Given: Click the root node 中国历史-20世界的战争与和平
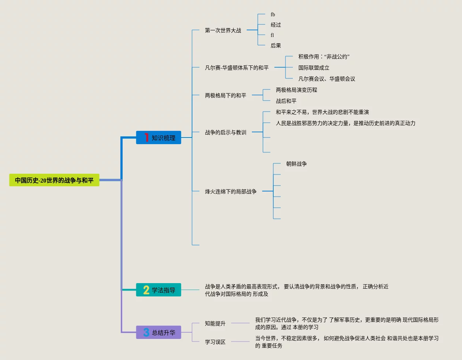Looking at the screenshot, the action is tap(54, 180).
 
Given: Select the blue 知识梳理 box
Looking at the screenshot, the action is tap(158, 137).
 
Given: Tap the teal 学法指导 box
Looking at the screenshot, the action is tap(158, 289).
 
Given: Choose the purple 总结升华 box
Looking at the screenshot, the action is tap(158, 332).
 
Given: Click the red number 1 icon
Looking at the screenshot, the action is tap(147, 137).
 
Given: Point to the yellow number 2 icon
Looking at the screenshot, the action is tap(146, 290).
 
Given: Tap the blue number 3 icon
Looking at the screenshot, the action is tap(146, 332).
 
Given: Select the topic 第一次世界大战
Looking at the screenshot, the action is tap(223, 30).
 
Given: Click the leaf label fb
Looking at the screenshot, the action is tap(273, 14).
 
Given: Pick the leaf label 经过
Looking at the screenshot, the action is tap(276, 25).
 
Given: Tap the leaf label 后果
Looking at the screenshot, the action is tap(276, 45).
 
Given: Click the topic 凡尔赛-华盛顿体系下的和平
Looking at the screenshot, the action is tap(237, 68).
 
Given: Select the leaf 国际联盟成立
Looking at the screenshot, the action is tap(314, 68).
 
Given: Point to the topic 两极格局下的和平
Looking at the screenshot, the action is tap(226, 95).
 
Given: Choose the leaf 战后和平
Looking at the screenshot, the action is tap(286, 101).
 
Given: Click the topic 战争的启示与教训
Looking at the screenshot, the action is tap(226, 132).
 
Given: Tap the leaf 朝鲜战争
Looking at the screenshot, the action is tap(297, 164).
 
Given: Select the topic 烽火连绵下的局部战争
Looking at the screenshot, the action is tap(231, 191).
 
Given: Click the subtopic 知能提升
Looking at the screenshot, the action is tap(215, 323).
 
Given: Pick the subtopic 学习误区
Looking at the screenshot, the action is tap(215, 342).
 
